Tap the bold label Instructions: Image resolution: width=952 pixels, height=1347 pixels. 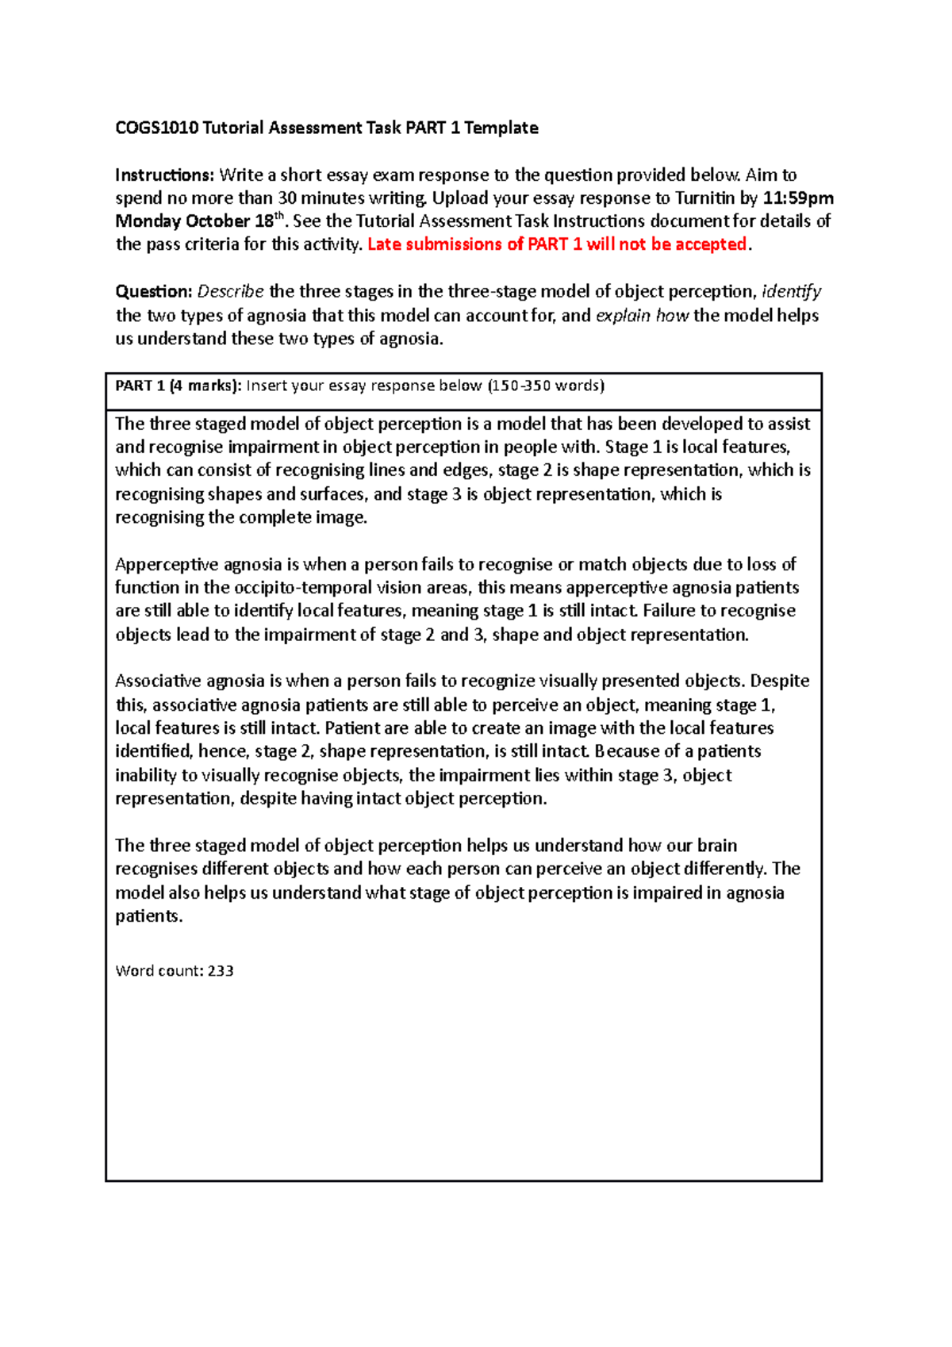click(x=164, y=175)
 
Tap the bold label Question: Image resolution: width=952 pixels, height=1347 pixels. click(x=154, y=291)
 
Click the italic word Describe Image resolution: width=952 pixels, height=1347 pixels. click(x=230, y=291)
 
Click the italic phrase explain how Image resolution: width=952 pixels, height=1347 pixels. click(x=642, y=315)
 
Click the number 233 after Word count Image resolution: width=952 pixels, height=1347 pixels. click(x=221, y=971)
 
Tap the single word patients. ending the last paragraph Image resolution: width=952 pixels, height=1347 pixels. click(x=148, y=916)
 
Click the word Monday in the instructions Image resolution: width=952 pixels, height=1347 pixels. click(x=148, y=221)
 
